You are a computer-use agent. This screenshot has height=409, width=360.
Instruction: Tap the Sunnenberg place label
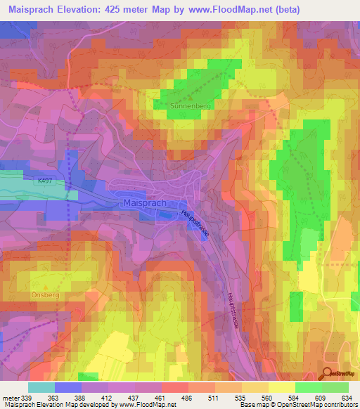186,108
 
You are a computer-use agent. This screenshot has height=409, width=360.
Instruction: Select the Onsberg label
46,295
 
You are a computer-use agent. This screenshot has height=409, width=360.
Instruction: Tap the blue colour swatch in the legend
68,387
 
